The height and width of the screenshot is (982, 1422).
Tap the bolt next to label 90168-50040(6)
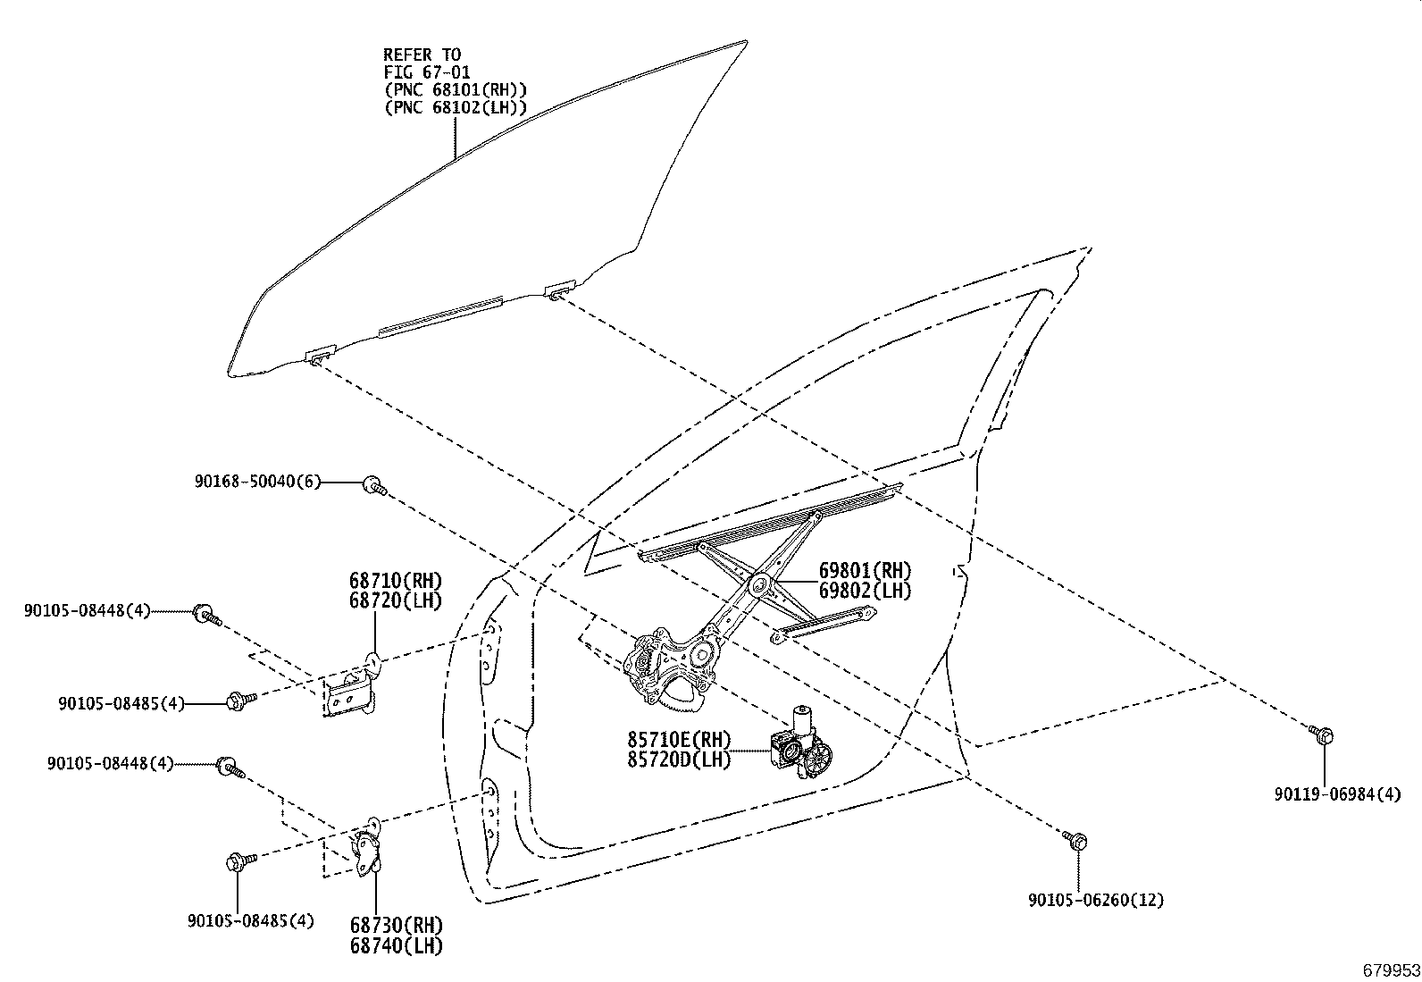tap(374, 486)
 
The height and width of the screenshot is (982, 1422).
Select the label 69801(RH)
tap(865, 570)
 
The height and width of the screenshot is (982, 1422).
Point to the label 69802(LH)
tap(865, 591)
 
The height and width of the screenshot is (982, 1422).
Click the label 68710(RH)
tap(396, 581)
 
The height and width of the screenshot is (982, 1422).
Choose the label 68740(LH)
tap(396, 945)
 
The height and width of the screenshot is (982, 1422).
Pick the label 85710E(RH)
tap(679, 740)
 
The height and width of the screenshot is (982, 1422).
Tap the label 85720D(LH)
tap(679, 760)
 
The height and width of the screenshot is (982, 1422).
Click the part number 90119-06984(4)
tap(1337, 794)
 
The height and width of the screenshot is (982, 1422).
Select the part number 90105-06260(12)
tap(1096, 900)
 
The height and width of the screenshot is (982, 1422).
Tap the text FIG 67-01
tap(427, 72)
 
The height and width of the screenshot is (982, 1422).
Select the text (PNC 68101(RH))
tap(456, 90)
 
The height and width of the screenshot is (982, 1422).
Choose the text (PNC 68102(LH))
tap(456, 108)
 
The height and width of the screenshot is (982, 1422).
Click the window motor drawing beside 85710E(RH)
tap(800, 743)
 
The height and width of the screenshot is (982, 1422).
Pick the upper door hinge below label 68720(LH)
tap(350, 689)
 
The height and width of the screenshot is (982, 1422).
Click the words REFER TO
tap(422, 55)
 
